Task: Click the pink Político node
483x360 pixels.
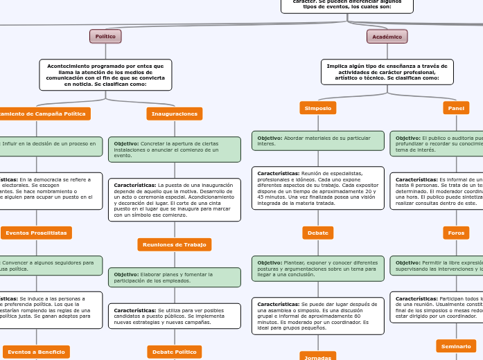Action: point(105,36)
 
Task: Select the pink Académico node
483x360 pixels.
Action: point(387,37)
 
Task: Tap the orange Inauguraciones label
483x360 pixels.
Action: point(175,114)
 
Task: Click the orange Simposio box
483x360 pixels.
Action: point(318,108)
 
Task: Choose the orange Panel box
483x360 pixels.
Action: point(456,108)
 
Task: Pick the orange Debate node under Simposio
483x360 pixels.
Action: point(318,233)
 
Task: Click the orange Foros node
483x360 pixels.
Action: point(456,233)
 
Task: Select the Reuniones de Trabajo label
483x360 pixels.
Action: point(175,244)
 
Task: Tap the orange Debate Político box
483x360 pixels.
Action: point(175,352)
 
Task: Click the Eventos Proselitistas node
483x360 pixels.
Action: point(37,233)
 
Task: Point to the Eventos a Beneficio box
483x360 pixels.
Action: point(37,352)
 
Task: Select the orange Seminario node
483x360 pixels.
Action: point(456,345)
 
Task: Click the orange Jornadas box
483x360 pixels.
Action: point(318,357)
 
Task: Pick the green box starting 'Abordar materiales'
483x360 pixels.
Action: point(318,141)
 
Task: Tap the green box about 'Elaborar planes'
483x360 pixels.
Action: point(175,278)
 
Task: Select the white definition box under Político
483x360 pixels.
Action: point(105,75)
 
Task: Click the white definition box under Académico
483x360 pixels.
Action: point(387,72)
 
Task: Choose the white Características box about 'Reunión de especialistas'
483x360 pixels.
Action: point(318,188)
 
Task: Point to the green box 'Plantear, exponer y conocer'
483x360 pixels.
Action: point(318,269)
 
